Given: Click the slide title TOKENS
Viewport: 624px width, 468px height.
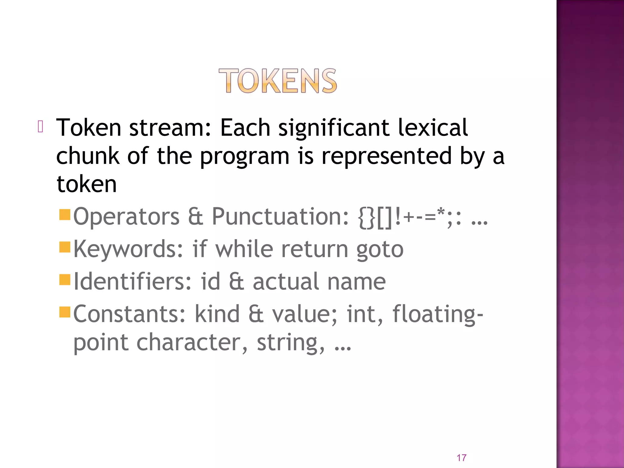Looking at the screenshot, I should click(278, 81).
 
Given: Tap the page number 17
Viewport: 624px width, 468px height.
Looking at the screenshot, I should click(461, 458).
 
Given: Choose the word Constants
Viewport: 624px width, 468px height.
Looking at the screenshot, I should click(129, 314).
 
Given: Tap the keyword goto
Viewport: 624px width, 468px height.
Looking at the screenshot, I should click(380, 250).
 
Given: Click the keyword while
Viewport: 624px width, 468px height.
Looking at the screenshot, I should click(244, 249).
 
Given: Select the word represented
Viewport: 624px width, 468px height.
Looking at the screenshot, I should click(387, 156).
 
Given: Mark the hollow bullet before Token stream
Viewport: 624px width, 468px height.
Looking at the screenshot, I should click(41, 126).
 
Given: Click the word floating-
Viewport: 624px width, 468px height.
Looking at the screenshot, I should click(438, 314).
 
